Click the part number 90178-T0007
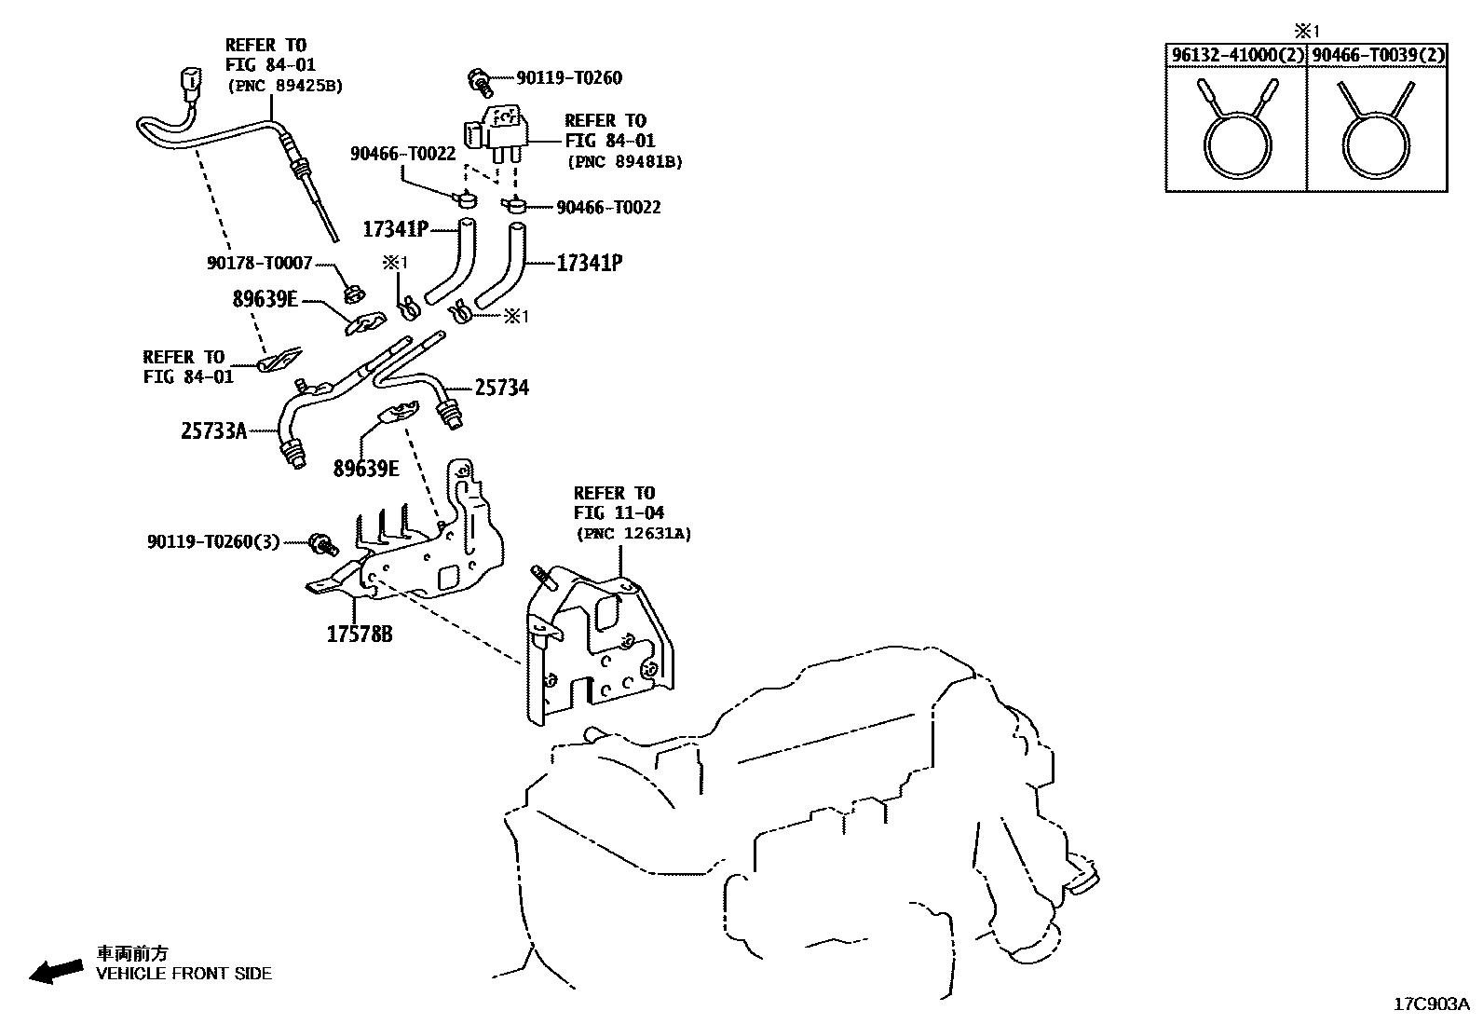coord(259,264)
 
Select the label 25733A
coord(213,430)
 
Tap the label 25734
coord(501,388)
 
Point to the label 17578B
coord(359,635)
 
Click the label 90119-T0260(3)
coord(212,541)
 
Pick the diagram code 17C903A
coord(1431,1004)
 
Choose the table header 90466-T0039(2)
coord(1378,55)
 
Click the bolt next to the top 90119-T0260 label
coord(481,81)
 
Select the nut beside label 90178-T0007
coord(352,294)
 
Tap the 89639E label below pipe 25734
coord(366,469)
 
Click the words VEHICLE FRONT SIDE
coord(184,974)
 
